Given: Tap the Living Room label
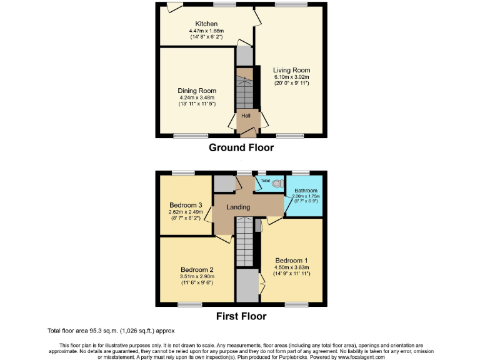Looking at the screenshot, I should [x=291, y=70].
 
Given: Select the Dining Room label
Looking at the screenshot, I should [x=197, y=91].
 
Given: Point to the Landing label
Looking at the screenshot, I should [x=239, y=207].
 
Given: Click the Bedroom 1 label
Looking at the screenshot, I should [x=292, y=260].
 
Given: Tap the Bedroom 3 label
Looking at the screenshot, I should [x=186, y=205].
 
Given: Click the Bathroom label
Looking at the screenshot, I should [x=306, y=191].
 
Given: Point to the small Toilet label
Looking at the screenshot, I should [x=266, y=180].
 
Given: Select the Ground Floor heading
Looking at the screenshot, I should [x=241, y=148].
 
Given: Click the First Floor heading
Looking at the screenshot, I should [x=241, y=316].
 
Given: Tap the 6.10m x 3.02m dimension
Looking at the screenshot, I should [x=292, y=77].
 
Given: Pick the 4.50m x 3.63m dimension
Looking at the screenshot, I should [x=292, y=267].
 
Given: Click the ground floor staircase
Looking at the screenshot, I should [x=247, y=91].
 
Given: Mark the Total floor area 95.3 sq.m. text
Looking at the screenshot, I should [x=111, y=331].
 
